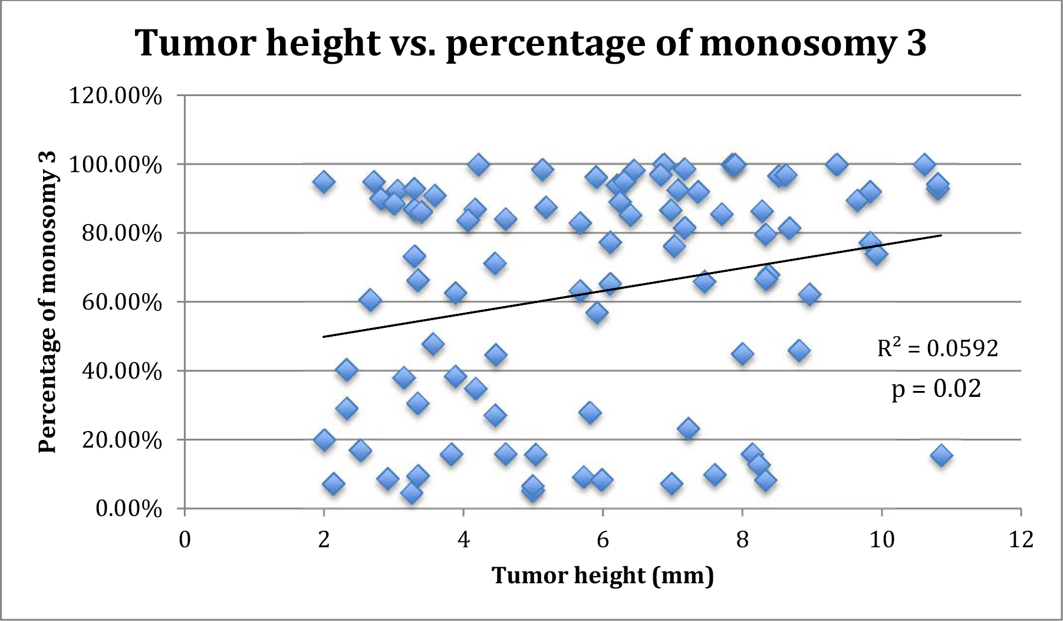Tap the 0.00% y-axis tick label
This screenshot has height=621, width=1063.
(129, 508)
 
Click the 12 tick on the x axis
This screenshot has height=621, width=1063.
(1021, 540)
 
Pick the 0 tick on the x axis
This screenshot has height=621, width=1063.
(185, 540)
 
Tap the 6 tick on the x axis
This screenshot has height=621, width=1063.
(603, 540)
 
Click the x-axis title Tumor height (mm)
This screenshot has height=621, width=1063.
(603, 575)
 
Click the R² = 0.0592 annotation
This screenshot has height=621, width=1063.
(937, 348)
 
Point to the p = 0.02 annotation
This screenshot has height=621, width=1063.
(936, 389)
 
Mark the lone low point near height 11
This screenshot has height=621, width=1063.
(941, 455)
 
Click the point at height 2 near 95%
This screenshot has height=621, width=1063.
(324, 182)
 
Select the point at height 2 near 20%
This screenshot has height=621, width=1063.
(324, 440)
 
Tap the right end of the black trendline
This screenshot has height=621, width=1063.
(942, 235)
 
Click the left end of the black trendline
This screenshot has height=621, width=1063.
(324, 337)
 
